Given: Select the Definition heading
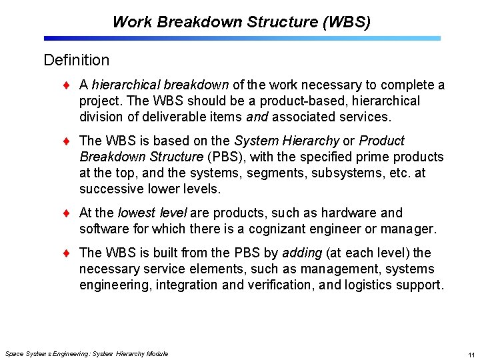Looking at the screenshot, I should [x=76, y=60].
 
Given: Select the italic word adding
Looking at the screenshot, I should [x=301, y=253].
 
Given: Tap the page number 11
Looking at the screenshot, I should [x=471, y=355].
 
